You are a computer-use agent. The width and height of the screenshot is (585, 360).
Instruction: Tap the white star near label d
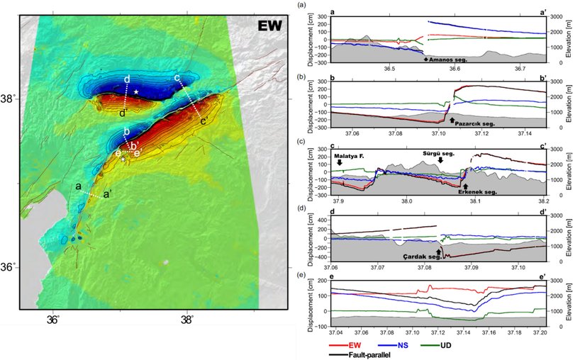click(135, 92)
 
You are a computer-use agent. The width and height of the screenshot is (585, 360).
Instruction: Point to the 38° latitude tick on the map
click(13, 99)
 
